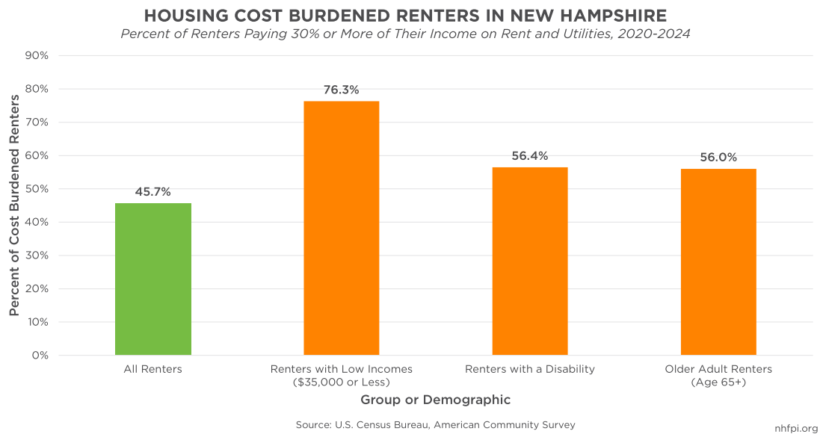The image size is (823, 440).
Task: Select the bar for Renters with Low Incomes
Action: click(342, 228)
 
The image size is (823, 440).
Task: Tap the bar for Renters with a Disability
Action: click(530, 261)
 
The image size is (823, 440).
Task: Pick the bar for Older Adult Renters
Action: click(718, 261)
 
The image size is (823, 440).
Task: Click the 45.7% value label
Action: click(153, 192)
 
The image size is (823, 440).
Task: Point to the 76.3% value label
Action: click(342, 90)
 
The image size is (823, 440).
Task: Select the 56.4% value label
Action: click(530, 156)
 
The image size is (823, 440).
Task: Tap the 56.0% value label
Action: click(718, 158)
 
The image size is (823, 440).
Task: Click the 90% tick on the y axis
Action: click(37, 56)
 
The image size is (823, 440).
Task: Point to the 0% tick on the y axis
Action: click(40, 356)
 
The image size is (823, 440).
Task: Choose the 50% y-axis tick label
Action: click(37, 189)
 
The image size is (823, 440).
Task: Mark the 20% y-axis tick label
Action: click(37, 289)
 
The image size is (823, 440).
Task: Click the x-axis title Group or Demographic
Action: click(435, 400)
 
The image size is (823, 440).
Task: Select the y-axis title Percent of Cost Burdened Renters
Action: click(14, 205)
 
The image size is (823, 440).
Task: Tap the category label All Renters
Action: click(153, 369)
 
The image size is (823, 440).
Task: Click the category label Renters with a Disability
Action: click(530, 369)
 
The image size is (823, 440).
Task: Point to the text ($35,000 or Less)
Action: click(342, 382)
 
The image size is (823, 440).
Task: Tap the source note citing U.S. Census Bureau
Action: click(435, 425)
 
